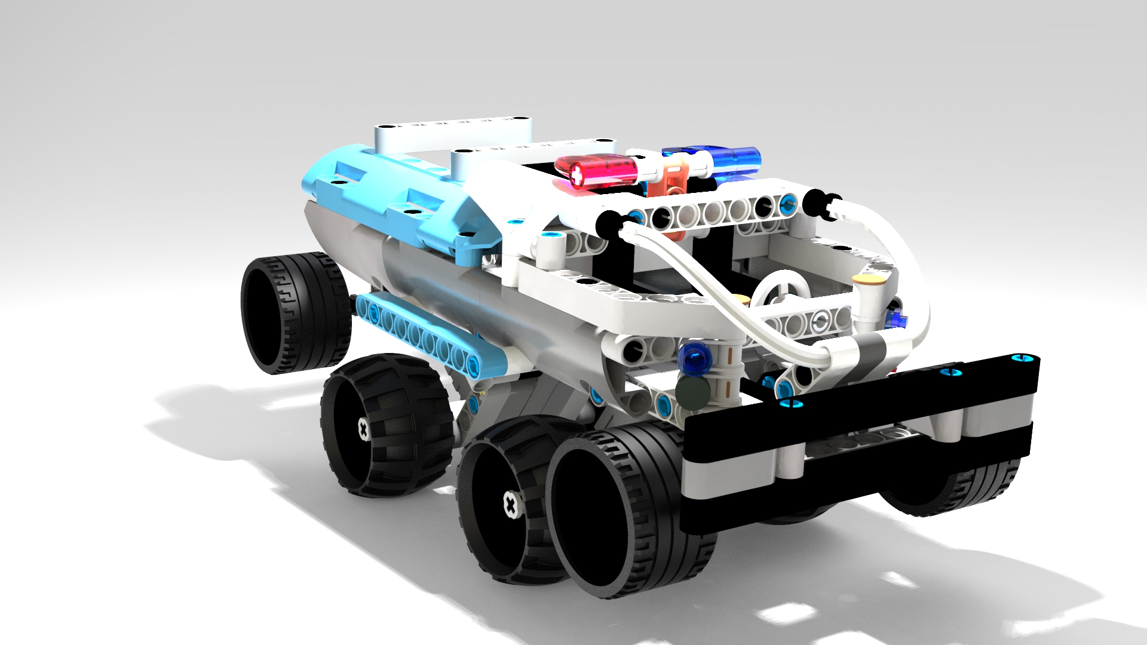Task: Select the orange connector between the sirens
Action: pos(675,179)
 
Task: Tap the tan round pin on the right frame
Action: pos(869,280)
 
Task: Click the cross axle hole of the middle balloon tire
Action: pos(363,428)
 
